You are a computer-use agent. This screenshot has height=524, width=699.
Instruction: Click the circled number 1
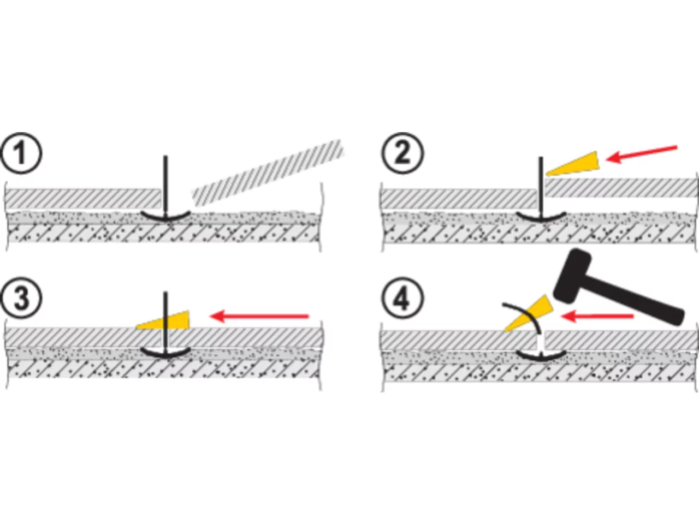point(21,153)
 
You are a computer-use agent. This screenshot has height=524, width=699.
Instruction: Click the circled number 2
point(402,153)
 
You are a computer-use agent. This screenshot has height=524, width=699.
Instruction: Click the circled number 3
point(21,298)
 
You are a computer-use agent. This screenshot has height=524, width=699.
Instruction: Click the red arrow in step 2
point(641,154)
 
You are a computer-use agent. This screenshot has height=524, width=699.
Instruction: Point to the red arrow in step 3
point(259,316)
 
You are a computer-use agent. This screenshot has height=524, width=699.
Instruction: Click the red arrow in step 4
point(597,316)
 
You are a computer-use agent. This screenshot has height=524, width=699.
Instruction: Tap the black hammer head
point(572,276)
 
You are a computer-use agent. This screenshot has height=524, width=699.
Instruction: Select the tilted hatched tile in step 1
point(268,173)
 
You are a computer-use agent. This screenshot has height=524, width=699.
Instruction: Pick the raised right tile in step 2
point(621,188)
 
